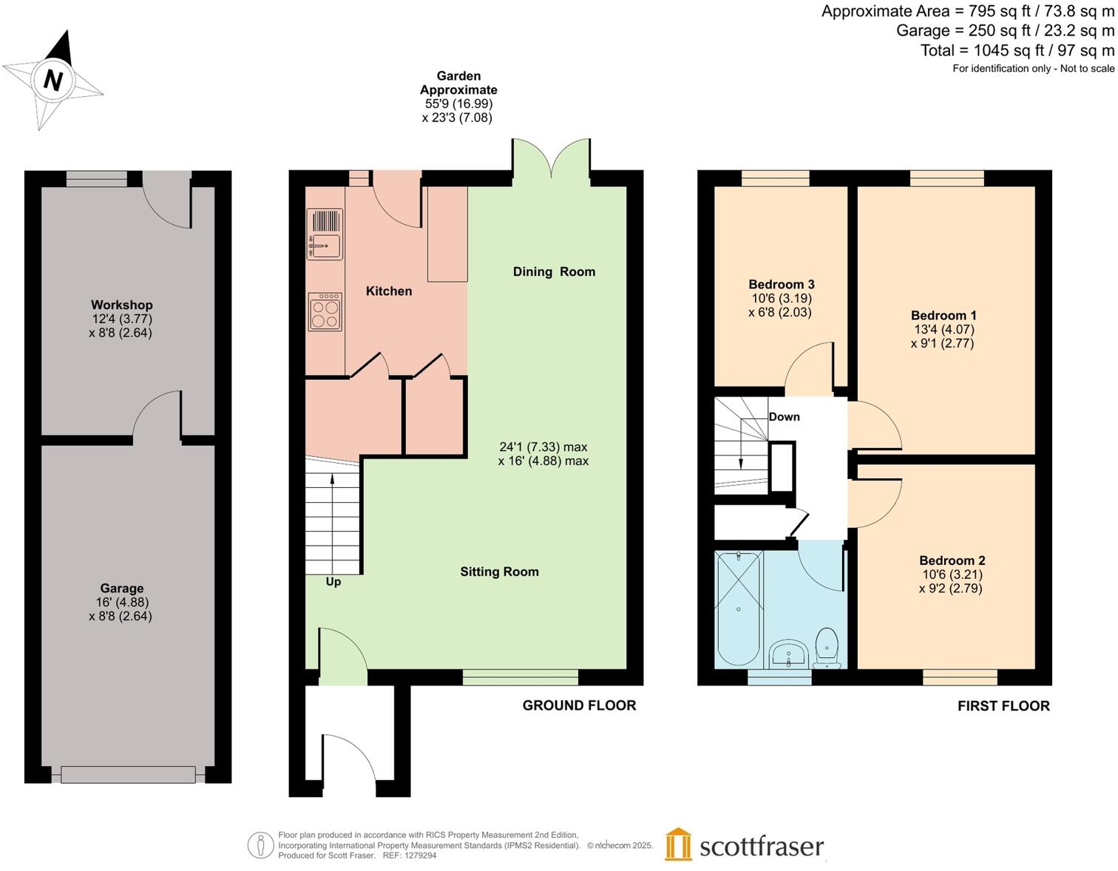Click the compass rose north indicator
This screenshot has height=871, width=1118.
[52, 78]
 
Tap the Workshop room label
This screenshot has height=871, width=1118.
[121, 305]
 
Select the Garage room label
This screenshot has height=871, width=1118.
[121, 589]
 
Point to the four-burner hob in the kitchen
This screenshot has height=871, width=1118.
[325, 311]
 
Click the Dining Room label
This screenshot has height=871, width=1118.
[554, 271]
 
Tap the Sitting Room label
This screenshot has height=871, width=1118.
[499, 572]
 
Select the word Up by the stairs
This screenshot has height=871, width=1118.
[333, 582]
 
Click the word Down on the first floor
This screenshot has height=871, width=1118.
[784, 417]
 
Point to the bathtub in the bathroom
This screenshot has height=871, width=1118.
[739, 608]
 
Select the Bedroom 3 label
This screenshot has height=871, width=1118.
[781, 285]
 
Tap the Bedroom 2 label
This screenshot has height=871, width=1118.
[952, 560]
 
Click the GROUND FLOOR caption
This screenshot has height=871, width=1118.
[579, 705]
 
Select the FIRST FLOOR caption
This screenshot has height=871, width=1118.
[1003, 706]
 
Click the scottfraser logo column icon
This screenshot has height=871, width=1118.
[678, 844]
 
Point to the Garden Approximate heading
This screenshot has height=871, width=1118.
[458, 83]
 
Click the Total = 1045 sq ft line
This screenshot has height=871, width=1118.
[1017, 50]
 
